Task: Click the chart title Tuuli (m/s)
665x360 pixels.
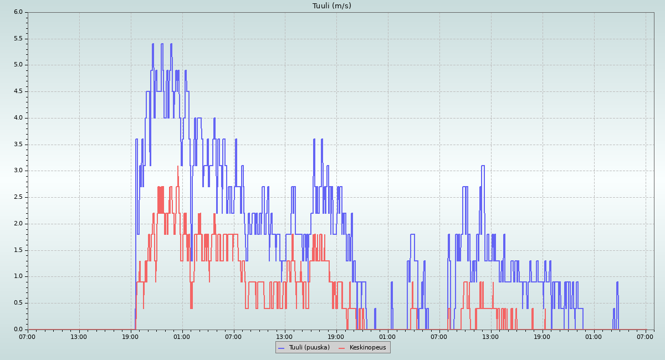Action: click(331, 6)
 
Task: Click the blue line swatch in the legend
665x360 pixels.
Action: click(281, 348)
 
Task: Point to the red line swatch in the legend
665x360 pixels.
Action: click(341, 348)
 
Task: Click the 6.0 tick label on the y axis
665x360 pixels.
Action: click(18, 12)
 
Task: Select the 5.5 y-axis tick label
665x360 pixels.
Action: click(18, 38)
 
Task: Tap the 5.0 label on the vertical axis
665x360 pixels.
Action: click(18, 65)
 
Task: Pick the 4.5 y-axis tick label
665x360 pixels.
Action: click(18, 91)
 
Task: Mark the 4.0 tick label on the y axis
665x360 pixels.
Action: click(18, 117)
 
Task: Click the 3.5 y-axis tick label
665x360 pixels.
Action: click(18, 144)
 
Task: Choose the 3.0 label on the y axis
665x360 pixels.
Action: click(18, 171)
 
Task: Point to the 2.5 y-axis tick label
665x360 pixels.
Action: click(18, 197)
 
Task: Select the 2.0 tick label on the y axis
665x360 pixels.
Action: click(18, 223)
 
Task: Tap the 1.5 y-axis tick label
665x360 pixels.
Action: click(18, 250)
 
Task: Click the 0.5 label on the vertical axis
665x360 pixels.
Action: click(18, 303)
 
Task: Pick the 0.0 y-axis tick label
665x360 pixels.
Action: click(18, 330)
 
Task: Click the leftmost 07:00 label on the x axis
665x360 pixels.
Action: click(27, 337)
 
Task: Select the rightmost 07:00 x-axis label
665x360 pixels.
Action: click(645, 337)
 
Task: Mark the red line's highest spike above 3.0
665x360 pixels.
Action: click(178, 166)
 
